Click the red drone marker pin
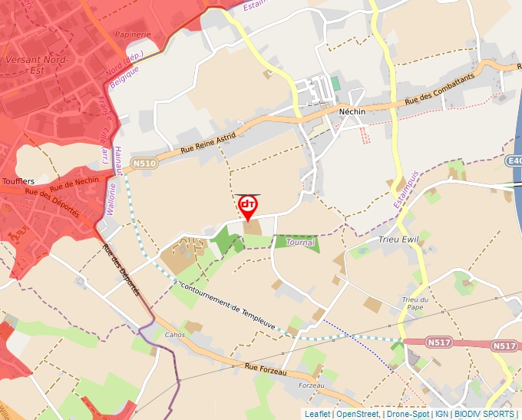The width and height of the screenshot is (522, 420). coord(248,206)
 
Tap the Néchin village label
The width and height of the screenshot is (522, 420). coord(352,111)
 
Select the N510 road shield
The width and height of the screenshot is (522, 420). coord(144,164)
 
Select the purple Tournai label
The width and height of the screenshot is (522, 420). coord(300,241)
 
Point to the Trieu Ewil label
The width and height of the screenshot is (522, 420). coord(397,240)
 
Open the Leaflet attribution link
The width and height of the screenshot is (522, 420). coord(317,414)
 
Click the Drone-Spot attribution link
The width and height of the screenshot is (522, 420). coord(408,414)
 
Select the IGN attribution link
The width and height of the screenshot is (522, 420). coord(441,414)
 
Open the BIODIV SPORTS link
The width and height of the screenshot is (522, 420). coord(484,414)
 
